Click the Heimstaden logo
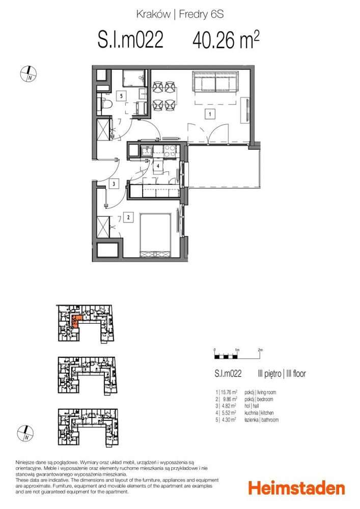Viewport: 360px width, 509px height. pyautogui.click(x=296, y=488)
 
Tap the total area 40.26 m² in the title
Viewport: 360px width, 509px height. pyautogui.click(x=226, y=40)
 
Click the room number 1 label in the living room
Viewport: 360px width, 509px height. pyautogui.click(x=208, y=114)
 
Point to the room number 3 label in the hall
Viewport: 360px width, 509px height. pyautogui.click(x=115, y=184)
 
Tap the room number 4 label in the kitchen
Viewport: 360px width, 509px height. pyautogui.click(x=158, y=166)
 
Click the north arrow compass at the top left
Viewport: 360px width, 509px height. pyautogui.click(x=28, y=74)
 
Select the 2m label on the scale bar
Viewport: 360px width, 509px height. pyautogui.click(x=260, y=350)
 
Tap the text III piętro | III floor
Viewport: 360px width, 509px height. pyautogui.click(x=281, y=374)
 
